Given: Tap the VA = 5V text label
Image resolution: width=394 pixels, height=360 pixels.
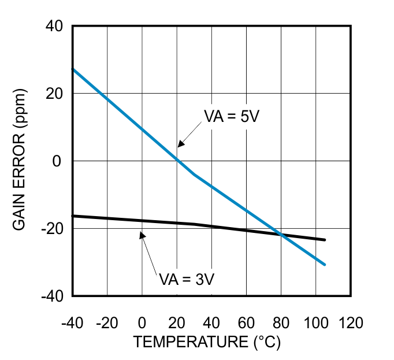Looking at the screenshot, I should [x=232, y=116].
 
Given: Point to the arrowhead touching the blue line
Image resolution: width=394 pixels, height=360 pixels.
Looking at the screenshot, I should [x=180, y=143].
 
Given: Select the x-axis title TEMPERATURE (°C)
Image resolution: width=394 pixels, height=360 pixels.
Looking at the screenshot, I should [x=206, y=342].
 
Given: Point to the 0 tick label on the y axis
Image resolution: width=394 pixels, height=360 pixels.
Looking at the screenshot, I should [x=57, y=161].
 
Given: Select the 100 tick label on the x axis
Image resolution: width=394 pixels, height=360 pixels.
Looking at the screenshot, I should [x=315, y=322].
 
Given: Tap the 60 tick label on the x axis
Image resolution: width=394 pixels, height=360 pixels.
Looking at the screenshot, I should [x=246, y=322].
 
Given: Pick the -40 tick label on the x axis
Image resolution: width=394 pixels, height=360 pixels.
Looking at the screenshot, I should [x=73, y=322].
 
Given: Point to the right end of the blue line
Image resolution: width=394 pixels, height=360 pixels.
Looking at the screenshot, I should [x=325, y=265].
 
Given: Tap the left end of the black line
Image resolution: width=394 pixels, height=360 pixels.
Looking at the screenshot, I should [x=73, y=216].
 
